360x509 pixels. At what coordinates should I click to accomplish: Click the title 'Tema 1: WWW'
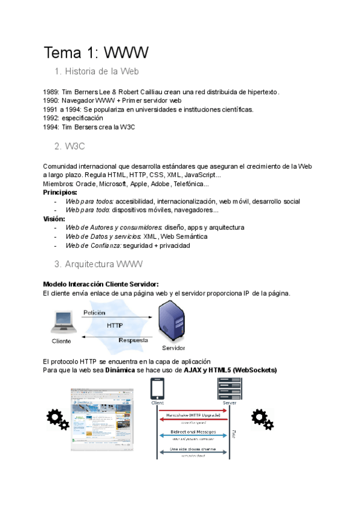(x=96, y=53)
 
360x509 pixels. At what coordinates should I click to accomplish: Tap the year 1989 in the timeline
(x=50, y=92)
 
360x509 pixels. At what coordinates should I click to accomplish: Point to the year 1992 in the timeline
(x=50, y=118)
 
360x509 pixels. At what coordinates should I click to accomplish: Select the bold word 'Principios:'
(x=61, y=193)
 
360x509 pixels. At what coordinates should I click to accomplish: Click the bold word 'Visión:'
(x=54, y=219)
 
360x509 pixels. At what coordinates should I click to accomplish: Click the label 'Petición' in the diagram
(x=94, y=313)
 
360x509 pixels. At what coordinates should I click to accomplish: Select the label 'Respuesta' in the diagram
(x=133, y=340)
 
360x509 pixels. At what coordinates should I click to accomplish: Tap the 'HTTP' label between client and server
(x=115, y=326)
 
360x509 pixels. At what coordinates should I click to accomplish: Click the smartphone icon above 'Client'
(x=158, y=391)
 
